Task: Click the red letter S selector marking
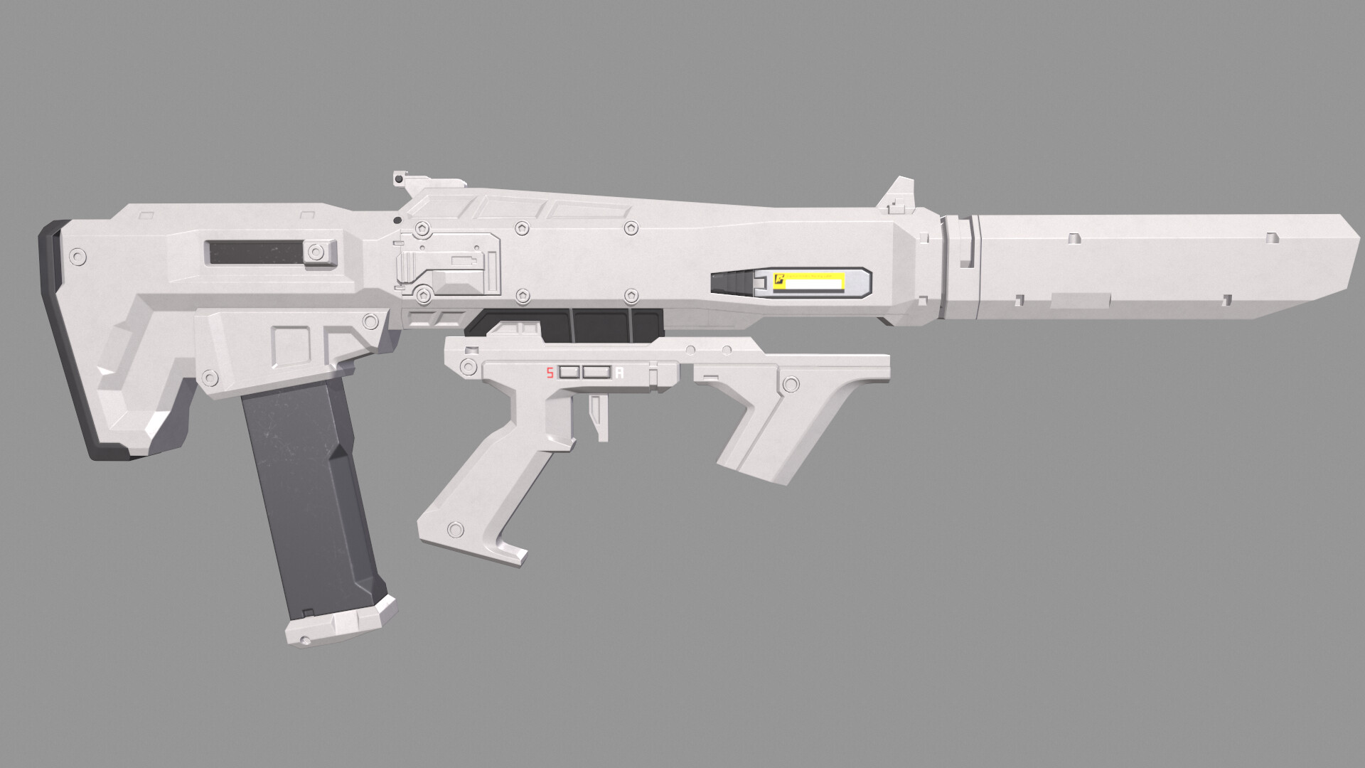pyautogui.click(x=549, y=373)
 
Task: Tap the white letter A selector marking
pyautogui.click(x=620, y=373)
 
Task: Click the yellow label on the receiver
pyautogui.click(x=808, y=282)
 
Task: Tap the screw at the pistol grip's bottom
pyautogui.click(x=453, y=529)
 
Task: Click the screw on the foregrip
pyautogui.click(x=790, y=385)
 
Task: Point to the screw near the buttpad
pyautogui.click(x=76, y=256)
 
